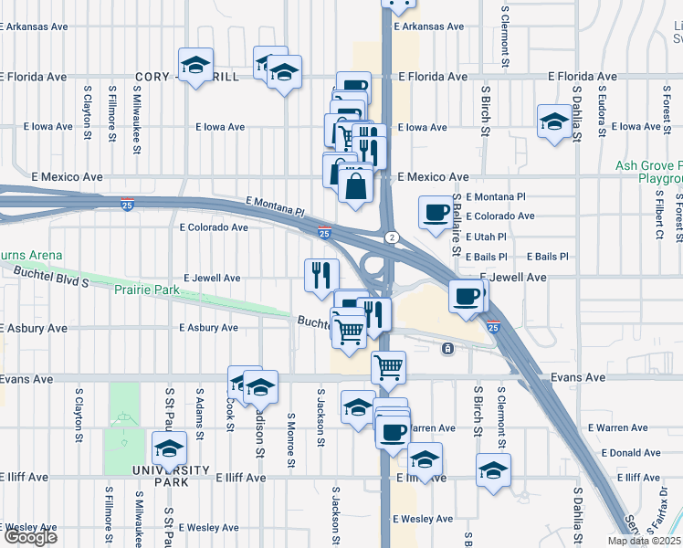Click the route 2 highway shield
tap(391, 237)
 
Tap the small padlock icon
tap(447, 349)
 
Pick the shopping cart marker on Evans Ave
tap(388, 367)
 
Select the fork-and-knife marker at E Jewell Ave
tap(321, 275)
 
